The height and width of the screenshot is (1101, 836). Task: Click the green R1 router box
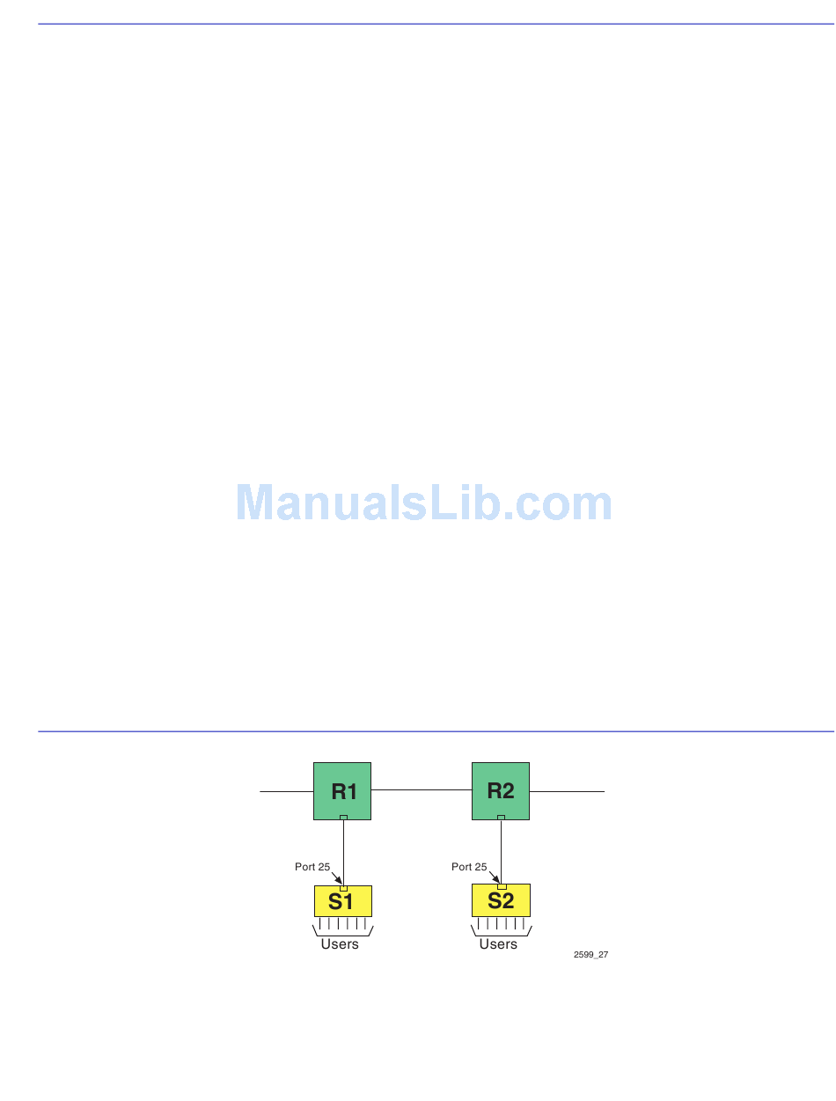pos(342,790)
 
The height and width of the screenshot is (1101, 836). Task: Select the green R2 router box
pos(500,790)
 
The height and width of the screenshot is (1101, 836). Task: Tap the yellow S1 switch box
pos(342,902)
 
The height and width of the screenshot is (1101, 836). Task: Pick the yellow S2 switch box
pos(501,902)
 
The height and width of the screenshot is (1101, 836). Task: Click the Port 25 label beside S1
pos(312,867)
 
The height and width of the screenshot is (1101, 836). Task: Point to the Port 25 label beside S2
pos(469,867)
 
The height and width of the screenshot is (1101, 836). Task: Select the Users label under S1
pos(340,944)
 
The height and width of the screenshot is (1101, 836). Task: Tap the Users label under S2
pos(498,944)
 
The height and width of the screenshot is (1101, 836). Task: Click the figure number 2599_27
pos(590,954)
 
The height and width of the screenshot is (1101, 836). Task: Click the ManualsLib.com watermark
pos(424,503)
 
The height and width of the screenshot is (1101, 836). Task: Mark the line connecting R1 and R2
pos(422,790)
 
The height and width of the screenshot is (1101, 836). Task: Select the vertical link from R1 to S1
pos(343,852)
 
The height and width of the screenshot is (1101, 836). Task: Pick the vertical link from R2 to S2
pos(501,852)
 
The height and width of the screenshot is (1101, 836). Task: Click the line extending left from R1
pos(286,791)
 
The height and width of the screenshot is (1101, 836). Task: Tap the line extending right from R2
pos(567,791)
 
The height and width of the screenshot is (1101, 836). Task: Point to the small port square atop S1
pos(343,887)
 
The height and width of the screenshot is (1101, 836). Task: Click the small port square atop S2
pos(502,887)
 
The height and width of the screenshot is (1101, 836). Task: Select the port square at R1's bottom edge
pos(343,818)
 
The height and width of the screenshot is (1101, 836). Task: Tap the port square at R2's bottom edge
pos(501,818)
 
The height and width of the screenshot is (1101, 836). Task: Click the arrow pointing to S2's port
pos(494,877)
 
